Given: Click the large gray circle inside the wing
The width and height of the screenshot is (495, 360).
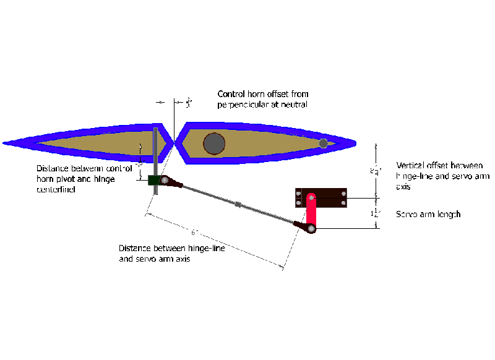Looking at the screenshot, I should coord(214,144).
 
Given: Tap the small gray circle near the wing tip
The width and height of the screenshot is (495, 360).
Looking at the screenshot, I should coord(323,144).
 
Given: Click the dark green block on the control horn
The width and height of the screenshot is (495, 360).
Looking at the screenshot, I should coord(154,181).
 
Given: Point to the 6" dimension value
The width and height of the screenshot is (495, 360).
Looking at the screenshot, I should coord(194,233).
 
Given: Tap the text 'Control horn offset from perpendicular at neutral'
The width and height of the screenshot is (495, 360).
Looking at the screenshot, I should coord(262,99).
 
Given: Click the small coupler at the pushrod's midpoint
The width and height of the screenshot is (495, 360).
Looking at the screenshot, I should coord(238,204).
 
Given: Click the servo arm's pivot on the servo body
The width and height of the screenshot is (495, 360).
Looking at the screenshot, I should coord(311,198).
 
